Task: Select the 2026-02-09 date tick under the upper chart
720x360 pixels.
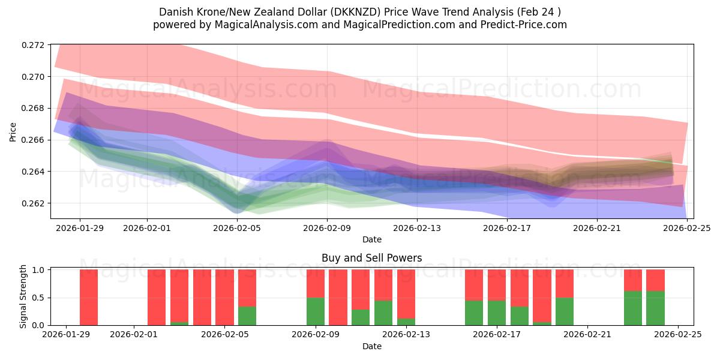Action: click(x=327, y=228)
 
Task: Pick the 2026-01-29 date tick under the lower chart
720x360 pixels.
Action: click(x=66, y=335)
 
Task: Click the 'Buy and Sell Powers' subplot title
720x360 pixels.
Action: click(x=371, y=258)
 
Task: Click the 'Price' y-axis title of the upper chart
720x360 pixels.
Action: click(x=13, y=131)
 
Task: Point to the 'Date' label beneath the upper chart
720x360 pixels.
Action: click(x=371, y=239)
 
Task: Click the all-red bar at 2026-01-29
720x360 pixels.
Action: click(x=89, y=298)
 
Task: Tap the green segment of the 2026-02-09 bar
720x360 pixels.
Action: click(x=316, y=311)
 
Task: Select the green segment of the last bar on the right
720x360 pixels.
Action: click(x=655, y=308)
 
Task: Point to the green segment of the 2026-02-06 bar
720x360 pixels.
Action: click(x=247, y=316)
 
